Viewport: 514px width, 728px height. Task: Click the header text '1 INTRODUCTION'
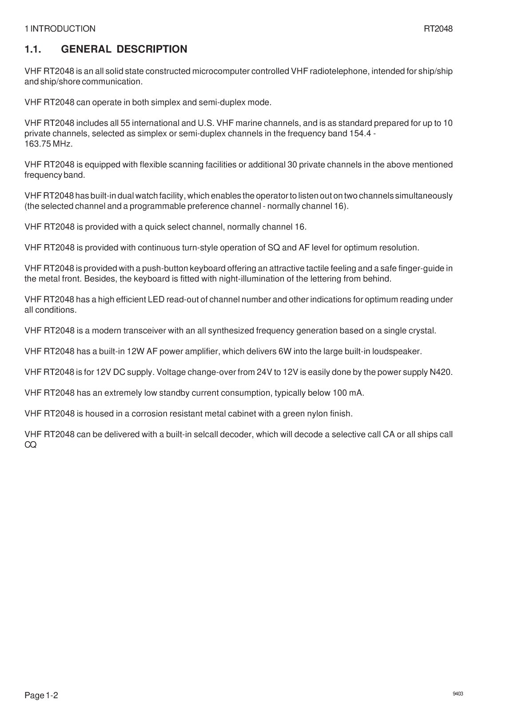[x=60, y=29]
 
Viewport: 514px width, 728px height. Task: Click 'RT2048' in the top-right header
[x=438, y=29]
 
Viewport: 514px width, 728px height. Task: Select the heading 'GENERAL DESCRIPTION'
[x=124, y=49]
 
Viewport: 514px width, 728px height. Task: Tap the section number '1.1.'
[x=33, y=49]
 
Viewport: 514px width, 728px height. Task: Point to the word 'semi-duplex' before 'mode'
[x=224, y=103]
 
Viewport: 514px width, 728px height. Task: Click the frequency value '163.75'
[x=37, y=144]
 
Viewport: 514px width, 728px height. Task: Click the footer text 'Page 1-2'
[x=41, y=696]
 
